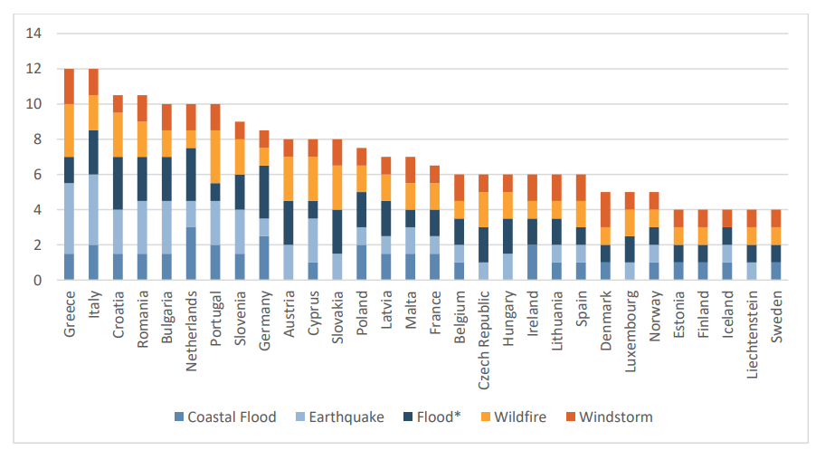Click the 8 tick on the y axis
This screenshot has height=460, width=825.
38,139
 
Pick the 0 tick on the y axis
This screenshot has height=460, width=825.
38,281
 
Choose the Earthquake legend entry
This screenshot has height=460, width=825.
339,417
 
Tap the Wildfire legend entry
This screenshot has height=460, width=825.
511,417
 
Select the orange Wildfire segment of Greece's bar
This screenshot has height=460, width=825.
70,130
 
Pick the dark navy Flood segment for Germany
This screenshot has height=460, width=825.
265,192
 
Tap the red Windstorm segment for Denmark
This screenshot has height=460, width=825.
606,210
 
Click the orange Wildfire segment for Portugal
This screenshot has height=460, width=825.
216,157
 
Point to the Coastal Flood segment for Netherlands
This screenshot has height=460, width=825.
192,254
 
